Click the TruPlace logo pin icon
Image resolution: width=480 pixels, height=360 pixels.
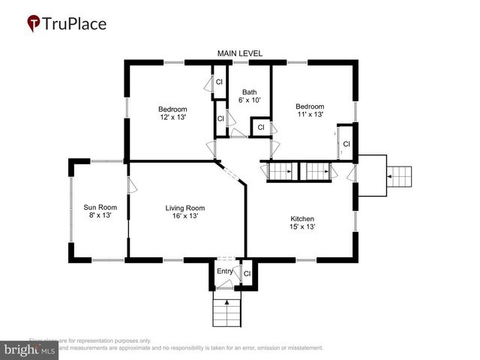click(x=34, y=23)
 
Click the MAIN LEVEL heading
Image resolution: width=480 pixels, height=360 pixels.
click(x=239, y=53)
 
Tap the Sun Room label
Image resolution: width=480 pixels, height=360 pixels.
click(x=100, y=206)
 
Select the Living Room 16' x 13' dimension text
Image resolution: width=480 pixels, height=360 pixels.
click(x=184, y=216)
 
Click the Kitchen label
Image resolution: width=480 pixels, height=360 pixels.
click(x=302, y=218)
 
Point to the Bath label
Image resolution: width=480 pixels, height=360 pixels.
click(x=249, y=92)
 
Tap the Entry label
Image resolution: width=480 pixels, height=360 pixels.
click(x=225, y=271)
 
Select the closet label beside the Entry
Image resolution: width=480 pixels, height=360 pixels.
click(x=247, y=274)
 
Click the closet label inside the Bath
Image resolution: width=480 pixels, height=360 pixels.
click(x=260, y=127)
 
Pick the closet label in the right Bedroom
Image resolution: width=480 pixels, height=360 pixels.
click(x=346, y=144)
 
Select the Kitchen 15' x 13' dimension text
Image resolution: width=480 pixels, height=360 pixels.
click(x=302, y=227)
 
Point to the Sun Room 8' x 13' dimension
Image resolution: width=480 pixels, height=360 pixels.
click(x=100, y=216)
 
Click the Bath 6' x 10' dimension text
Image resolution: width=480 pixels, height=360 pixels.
click(x=249, y=100)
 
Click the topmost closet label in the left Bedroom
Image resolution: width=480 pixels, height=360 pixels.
click(x=220, y=82)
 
